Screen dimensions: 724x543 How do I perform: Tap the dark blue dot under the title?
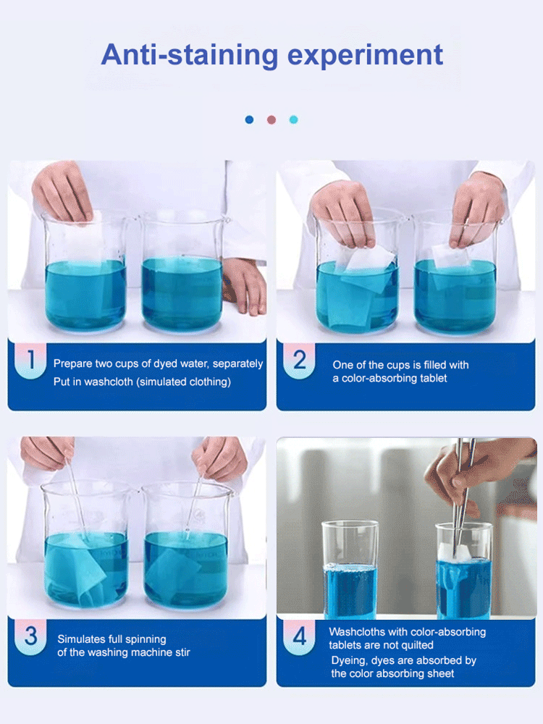pos(250,119)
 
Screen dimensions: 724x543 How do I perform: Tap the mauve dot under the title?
pos(271,119)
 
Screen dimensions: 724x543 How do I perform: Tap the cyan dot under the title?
pos(293,119)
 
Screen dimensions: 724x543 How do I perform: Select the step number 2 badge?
pos(299,361)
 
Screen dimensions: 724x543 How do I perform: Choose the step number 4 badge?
pos(299,636)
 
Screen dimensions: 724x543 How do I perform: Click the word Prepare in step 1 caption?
pos(72,364)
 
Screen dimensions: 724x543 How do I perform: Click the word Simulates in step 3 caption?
pos(81,639)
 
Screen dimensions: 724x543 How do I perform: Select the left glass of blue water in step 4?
pos(350,572)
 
